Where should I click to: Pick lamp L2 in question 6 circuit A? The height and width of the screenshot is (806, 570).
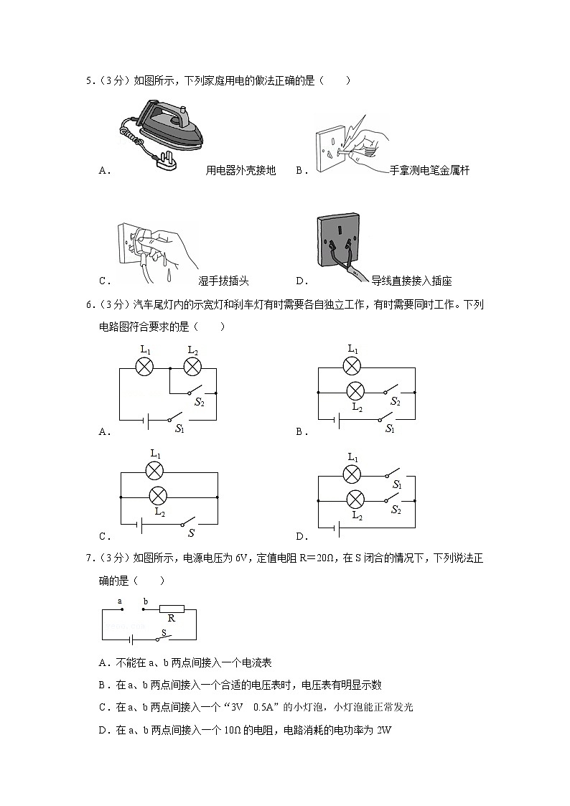(x=192, y=367)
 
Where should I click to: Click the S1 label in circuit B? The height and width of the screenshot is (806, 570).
(x=391, y=428)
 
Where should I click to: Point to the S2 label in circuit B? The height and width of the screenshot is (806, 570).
(x=395, y=402)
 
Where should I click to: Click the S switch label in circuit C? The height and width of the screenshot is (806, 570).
(x=191, y=533)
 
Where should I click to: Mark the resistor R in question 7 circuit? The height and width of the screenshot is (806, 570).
(x=172, y=609)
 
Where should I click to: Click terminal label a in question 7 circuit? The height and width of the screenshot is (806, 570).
(x=119, y=601)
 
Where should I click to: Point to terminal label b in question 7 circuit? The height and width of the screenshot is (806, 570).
(x=145, y=601)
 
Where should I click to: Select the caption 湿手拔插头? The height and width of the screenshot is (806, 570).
(x=223, y=281)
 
